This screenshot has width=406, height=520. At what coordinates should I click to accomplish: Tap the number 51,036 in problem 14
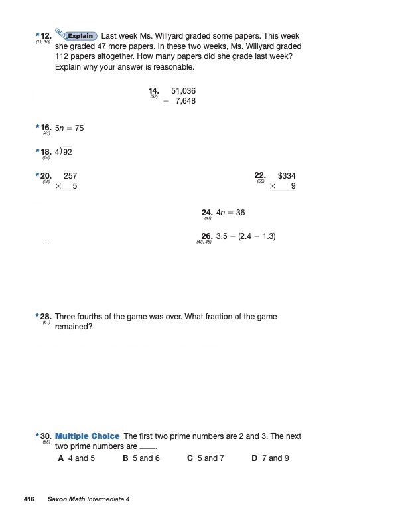[x=183, y=91]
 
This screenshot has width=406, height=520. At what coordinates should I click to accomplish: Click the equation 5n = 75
[x=70, y=128]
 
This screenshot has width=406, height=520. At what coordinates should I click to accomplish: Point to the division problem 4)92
[x=64, y=152]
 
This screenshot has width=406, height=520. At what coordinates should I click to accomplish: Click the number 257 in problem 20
[x=70, y=176]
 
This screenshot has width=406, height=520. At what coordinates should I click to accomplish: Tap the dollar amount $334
[x=287, y=176]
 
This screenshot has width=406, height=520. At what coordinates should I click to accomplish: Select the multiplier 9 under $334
[x=293, y=187]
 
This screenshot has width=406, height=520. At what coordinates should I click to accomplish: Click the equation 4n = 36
[x=231, y=213]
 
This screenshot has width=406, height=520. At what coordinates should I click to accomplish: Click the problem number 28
[x=46, y=317]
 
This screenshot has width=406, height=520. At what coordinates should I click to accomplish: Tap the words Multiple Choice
[x=88, y=436]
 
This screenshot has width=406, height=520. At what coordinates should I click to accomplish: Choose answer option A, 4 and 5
[x=77, y=458]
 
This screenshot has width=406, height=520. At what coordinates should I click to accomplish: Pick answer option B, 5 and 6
[x=141, y=458]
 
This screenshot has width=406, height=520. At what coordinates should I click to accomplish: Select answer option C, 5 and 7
[x=206, y=458]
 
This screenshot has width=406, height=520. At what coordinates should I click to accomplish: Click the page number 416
[x=29, y=499]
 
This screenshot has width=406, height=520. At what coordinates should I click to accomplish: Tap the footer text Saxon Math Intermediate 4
[x=89, y=499]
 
